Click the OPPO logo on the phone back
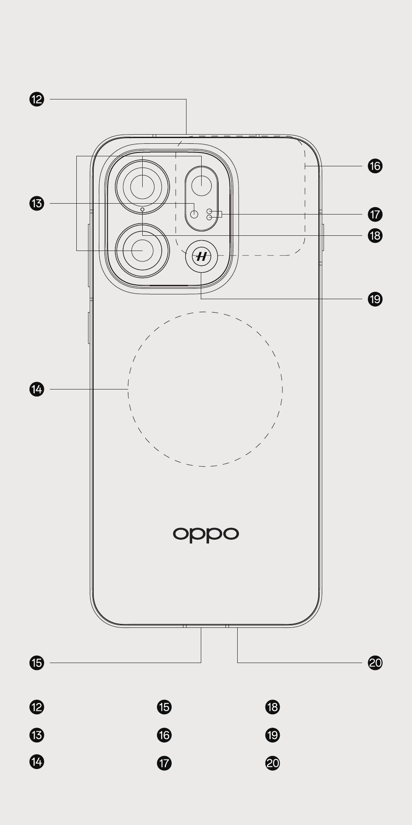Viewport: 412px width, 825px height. click(206, 535)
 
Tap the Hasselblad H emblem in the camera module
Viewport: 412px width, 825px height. click(201, 257)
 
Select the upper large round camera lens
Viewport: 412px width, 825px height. click(142, 187)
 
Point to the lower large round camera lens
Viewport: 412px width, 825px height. click(142, 251)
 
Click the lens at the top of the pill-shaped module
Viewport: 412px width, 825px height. click(201, 186)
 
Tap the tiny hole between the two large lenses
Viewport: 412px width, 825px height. click(142, 209)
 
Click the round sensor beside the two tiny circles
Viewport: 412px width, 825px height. click(194, 214)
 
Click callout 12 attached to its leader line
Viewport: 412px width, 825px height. click(37, 99)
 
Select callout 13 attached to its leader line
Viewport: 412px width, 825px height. click(37, 203)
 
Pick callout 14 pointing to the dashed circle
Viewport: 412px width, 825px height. click(37, 389)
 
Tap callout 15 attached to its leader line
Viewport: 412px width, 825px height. click(37, 663)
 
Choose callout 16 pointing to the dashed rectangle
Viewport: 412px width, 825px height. click(375, 166)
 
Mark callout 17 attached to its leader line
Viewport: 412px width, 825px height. click(375, 214)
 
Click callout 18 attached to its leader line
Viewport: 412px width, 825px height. click(375, 235)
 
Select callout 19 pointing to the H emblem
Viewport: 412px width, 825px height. click(375, 299)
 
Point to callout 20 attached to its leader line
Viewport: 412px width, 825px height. click(375, 663)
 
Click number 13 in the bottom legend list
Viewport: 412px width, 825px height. click(37, 735)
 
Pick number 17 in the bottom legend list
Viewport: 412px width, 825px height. click(164, 763)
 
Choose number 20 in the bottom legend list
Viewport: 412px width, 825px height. click(273, 763)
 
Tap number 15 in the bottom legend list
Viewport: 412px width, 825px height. click(164, 707)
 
